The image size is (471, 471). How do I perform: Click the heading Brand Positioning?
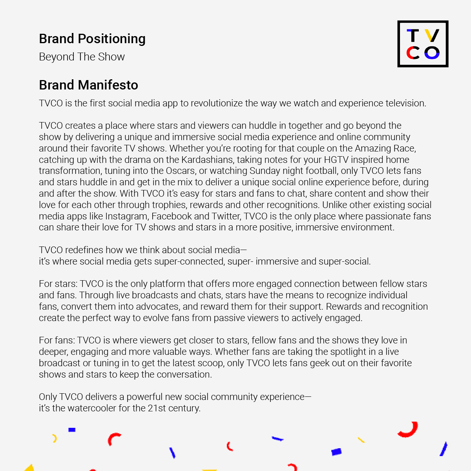coord(92,39)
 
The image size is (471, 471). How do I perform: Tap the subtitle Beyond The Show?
coord(82,57)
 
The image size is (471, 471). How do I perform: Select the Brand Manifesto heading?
coord(88,85)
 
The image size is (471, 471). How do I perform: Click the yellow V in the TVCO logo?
coord(432,36)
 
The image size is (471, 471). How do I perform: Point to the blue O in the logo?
coord(432,53)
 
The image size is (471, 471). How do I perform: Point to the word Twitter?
coord(226,216)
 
